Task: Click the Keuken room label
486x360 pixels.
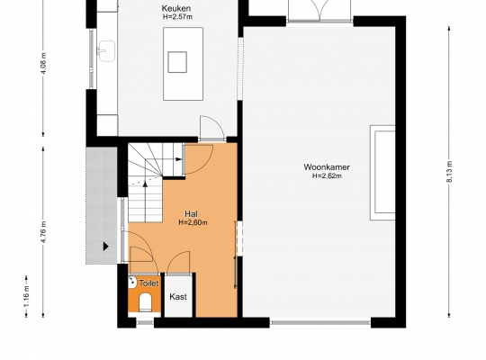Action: pos(176,8)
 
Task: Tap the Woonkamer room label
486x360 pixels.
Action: pos(327,167)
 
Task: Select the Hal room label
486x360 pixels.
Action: pos(191,214)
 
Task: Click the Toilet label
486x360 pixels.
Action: pos(148,283)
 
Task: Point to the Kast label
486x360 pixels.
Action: pos(178,297)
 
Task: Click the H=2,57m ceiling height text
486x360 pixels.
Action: pos(177,17)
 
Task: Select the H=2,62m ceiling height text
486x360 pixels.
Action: pos(327,176)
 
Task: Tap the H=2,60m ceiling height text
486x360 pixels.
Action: pos(193,222)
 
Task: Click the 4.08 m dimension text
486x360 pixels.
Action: pos(44,63)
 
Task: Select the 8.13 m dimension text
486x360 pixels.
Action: pos(450,172)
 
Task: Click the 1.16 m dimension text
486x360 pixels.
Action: pos(27,296)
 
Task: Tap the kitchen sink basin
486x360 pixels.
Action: pos(106,51)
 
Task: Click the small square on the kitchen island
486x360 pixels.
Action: pos(177,62)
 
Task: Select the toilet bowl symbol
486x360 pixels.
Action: pos(145,302)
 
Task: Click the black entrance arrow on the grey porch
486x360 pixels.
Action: pos(106,247)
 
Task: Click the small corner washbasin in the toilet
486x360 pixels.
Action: pos(132,282)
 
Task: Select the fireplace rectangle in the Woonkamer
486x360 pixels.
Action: pos(382,173)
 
